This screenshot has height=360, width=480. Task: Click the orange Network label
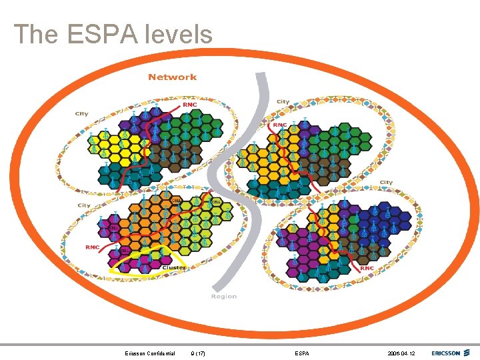173,77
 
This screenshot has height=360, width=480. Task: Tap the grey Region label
224,296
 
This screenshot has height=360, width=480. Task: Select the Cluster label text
175,267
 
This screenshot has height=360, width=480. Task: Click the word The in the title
35,34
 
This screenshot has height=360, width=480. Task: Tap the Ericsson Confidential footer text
150,353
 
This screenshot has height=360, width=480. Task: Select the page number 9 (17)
197,353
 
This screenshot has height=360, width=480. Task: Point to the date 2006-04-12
400,353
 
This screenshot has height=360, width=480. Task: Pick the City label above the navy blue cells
387,183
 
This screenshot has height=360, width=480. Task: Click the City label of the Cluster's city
85,205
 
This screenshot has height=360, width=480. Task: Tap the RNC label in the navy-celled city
367,268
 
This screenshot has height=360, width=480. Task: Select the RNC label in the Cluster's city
92,247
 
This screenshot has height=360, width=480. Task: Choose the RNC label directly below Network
190,105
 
